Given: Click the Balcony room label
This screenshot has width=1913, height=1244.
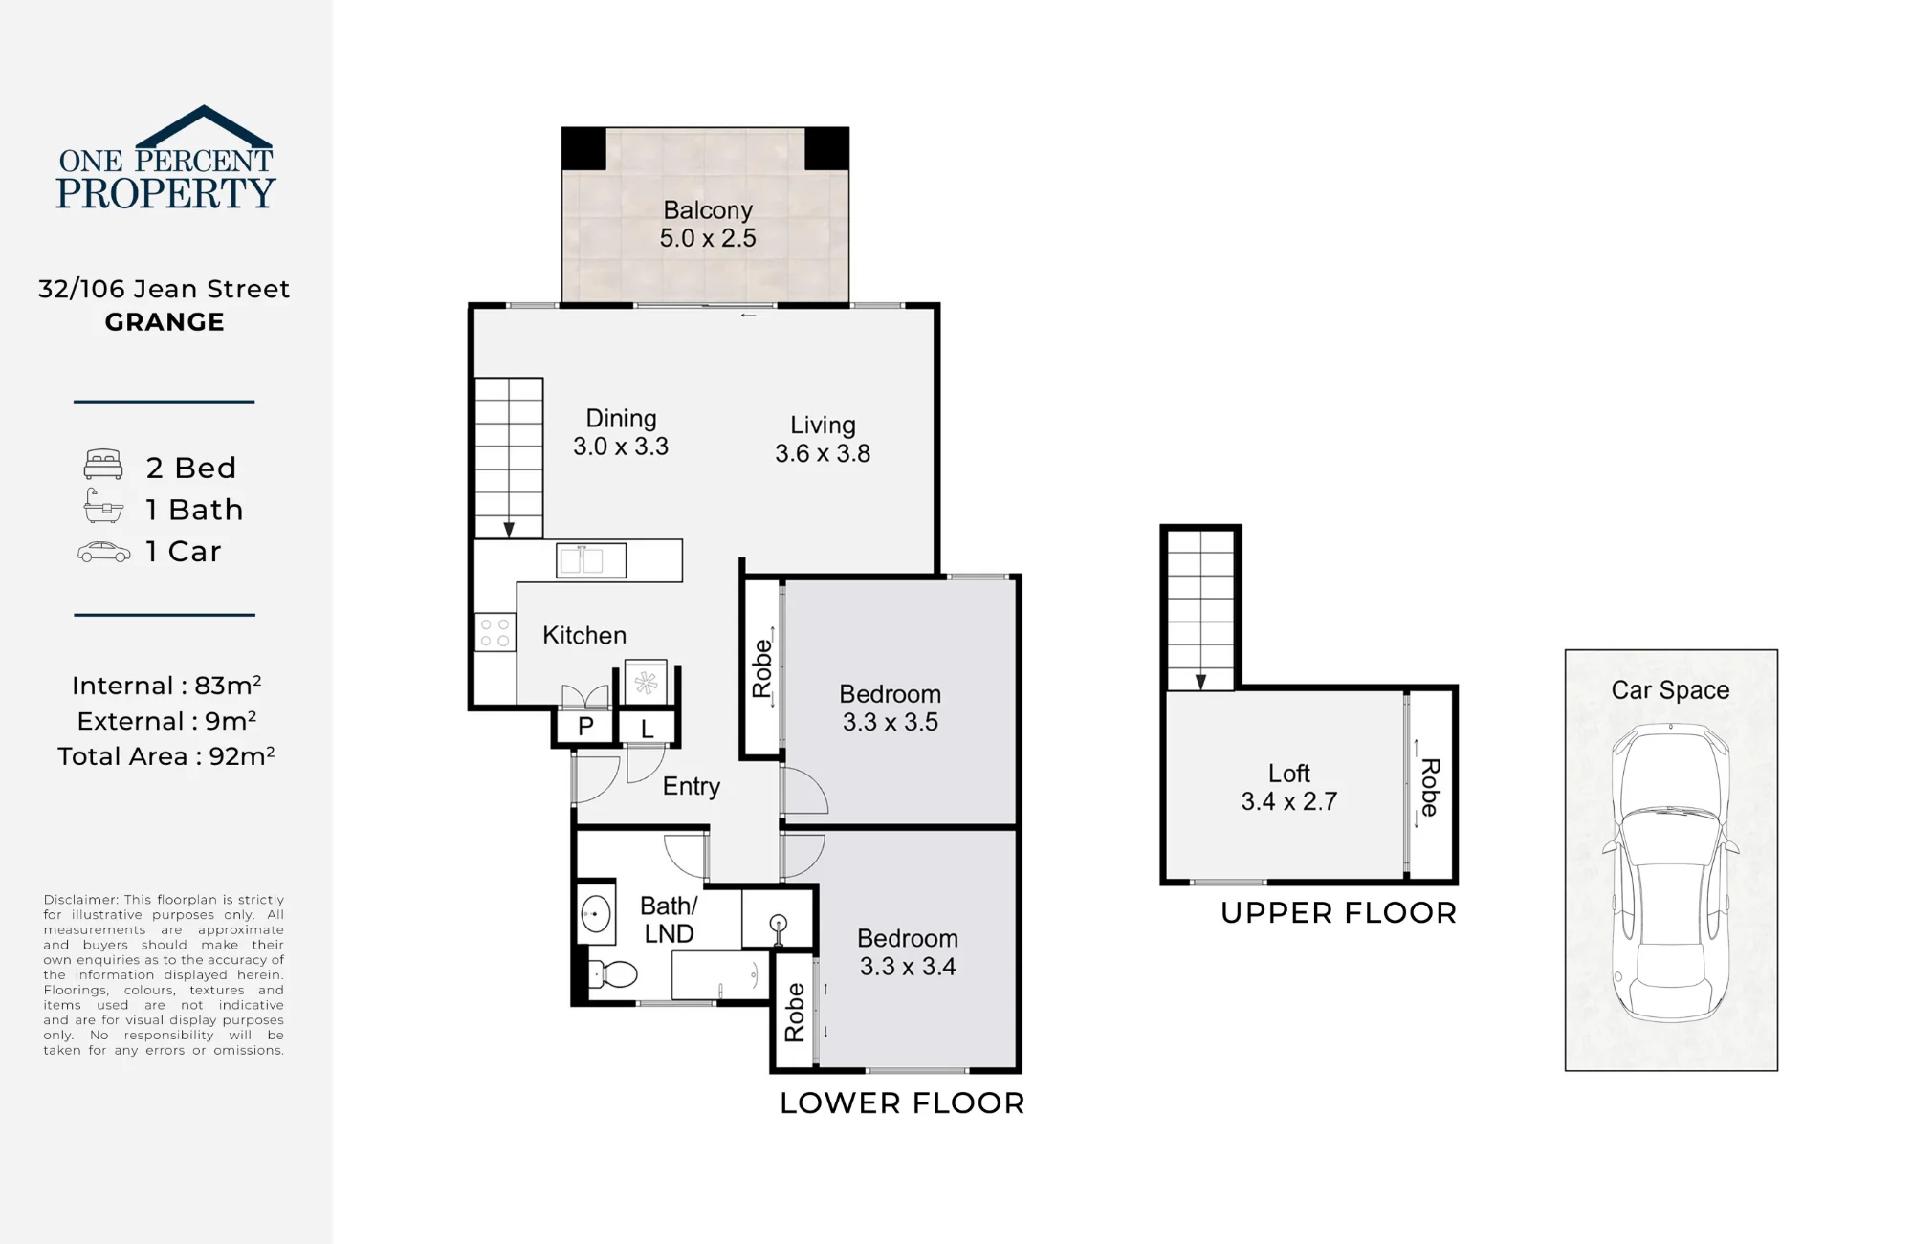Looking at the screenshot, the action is (x=708, y=210).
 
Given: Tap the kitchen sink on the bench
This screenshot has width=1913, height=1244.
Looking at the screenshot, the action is (x=591, y=560).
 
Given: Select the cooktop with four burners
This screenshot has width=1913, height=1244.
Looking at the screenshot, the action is (x=495, y=632).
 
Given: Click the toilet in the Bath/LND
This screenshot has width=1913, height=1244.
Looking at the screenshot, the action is (x=611, y=974).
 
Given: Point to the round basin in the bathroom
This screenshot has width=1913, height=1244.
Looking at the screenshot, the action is (x=596, y=914).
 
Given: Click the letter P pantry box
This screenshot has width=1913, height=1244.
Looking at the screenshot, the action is (x=585, y=727).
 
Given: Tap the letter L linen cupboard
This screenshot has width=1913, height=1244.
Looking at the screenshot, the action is (x=648, y=729).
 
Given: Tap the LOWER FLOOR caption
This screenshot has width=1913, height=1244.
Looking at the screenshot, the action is (x=902, y=1103).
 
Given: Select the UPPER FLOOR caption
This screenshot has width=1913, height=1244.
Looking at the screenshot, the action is (x=1339, y=913).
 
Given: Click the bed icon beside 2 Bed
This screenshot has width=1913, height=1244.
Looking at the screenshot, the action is (x=103, y=464).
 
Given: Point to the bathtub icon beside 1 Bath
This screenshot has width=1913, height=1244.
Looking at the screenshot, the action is (x=103, y=507).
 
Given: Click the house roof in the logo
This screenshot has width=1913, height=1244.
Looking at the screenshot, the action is (x=204, y=127).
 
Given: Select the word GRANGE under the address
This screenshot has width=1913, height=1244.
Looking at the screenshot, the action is (x=165, y=322).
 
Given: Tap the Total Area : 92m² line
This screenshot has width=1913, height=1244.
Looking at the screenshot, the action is (x=166, y=756).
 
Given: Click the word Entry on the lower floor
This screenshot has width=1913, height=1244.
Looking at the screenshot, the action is (x=692, y=787).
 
